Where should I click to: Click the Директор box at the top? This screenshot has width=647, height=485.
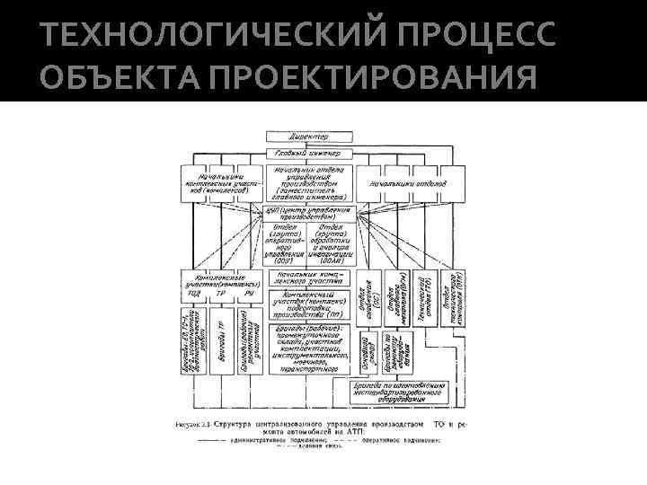[309, 137]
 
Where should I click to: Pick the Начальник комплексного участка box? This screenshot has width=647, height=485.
[309, 278]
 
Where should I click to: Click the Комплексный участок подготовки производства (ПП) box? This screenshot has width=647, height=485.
[309, 304]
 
